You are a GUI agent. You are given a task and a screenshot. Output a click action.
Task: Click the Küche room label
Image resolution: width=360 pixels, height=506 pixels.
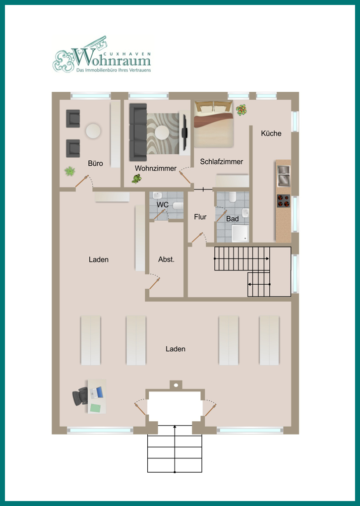pos(271,133)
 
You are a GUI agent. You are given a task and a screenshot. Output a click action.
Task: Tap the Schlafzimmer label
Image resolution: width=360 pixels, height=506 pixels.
pos(221,162)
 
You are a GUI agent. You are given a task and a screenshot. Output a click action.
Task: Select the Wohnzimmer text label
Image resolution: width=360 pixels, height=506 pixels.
pos(156,168)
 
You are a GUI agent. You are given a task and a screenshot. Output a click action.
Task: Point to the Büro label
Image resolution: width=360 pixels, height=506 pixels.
pos(96,163)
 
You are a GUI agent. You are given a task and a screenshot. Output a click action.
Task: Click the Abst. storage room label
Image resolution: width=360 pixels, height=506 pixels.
pos(166,259)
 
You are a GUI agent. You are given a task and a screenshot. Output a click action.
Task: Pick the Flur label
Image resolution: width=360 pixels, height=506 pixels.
pos(200,217)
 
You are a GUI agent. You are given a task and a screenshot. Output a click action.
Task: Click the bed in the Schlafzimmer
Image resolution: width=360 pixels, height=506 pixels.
pos(213,124)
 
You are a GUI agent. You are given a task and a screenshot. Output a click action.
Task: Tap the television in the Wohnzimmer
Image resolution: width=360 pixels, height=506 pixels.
pos(185,132)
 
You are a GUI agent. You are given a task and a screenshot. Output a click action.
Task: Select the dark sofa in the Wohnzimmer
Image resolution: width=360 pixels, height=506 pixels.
pos(138,132)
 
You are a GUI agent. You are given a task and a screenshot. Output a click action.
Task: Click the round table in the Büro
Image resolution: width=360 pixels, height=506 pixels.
pos(93,131)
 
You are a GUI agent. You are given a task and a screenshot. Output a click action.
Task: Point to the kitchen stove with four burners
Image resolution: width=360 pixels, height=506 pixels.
pos(283,201)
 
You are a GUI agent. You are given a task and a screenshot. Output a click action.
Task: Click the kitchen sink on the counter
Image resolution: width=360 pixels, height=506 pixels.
pos(284,176)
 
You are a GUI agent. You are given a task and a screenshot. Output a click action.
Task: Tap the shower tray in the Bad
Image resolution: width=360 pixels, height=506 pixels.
pos(240,233)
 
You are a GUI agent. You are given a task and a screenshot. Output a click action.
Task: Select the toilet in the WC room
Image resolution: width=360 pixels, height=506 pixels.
pos(178,206)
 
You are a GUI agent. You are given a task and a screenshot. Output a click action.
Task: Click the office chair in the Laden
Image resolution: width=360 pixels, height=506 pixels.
pos(80,396)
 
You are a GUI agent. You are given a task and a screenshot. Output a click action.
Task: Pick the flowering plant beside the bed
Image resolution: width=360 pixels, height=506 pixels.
pos(241,110)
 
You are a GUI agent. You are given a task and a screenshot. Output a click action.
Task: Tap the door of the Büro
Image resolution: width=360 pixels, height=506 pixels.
pos(82,181)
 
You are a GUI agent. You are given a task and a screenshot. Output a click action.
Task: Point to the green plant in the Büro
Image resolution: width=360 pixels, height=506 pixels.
pos(70,171)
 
